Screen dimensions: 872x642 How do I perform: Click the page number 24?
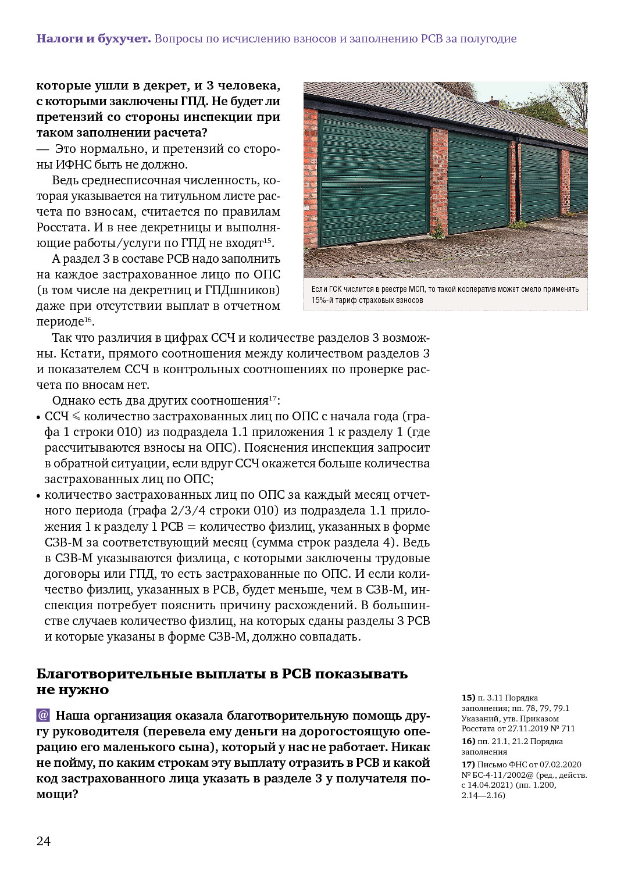click(44, 841)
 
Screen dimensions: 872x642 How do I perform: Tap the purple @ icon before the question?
click(43, 715)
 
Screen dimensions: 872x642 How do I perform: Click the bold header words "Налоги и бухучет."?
click(94, 39)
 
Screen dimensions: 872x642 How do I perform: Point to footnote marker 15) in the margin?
click(468, 698)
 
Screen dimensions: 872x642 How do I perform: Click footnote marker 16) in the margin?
click(468, 741)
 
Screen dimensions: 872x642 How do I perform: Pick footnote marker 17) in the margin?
click(468, 764)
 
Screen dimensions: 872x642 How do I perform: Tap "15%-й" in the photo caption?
click(322, 301)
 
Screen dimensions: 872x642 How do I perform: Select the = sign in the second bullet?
click(191, 527)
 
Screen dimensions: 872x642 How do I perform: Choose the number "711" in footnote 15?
click(568, 728)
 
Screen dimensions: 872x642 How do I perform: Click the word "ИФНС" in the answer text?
click(73, 165)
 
